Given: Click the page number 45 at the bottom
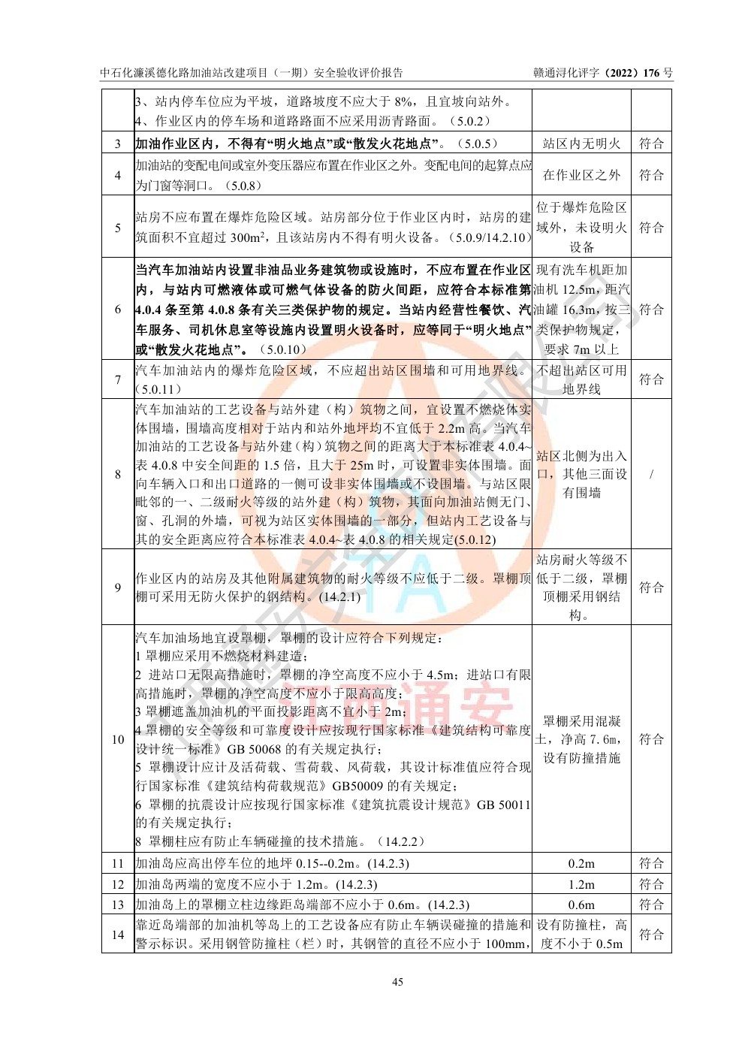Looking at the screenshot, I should (x=398, y=982).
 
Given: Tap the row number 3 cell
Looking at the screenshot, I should (x=118, y=143).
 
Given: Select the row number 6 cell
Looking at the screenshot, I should (x=118, y=310).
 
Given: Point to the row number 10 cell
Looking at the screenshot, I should (x=118, y=739).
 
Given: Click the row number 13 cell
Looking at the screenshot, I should (x=118, y=905).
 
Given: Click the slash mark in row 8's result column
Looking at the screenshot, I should (x=651, y=474).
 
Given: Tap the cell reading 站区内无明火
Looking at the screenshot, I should (x=581, y=143).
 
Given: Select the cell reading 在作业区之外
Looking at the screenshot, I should (x=581, y=175).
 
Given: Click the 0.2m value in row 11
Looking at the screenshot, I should (x=581, y=864).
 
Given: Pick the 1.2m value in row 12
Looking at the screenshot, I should (x=581, y=884).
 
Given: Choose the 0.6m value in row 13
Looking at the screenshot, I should (x=581, y=905).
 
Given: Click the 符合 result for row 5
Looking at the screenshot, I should (x=651, y=228).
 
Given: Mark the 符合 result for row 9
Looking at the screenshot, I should (x=651, y=587).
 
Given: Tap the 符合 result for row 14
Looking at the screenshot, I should (x=651, y=935).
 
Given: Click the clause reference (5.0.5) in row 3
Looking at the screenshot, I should (x=477, y=143).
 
